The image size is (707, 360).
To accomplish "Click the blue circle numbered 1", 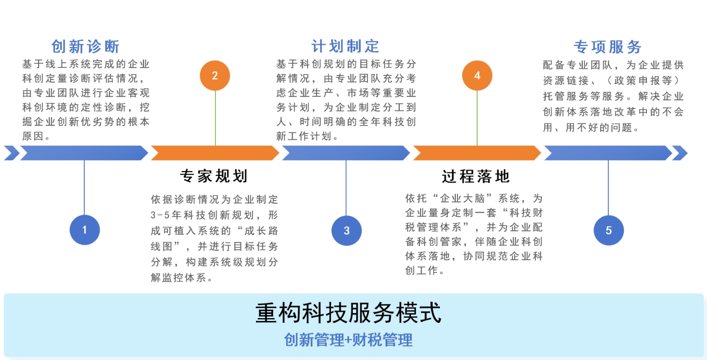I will tap(84, 229).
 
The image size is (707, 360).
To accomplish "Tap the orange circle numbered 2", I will tap(215, 75).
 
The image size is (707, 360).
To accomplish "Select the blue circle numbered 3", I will tap(346, 230).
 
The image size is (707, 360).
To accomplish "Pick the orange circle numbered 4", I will tap(477, 75).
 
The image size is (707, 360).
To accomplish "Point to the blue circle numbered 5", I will tap(608, 230).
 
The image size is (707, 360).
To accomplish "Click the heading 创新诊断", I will tap(85, 47).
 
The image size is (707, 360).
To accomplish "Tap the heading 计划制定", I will tap(345, 46).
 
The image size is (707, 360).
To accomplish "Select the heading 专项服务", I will tap(607, 47).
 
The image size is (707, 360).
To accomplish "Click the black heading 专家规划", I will tap(213, 176).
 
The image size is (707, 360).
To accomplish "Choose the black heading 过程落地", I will tap(475, 176).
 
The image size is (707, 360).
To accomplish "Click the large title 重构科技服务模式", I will tap(348, 313).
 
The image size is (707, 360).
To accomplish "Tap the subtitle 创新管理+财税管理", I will tap(348, 340).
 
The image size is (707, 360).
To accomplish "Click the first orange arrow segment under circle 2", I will tap(215, 153).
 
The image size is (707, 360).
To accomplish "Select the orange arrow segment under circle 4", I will tap(477, 153).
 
